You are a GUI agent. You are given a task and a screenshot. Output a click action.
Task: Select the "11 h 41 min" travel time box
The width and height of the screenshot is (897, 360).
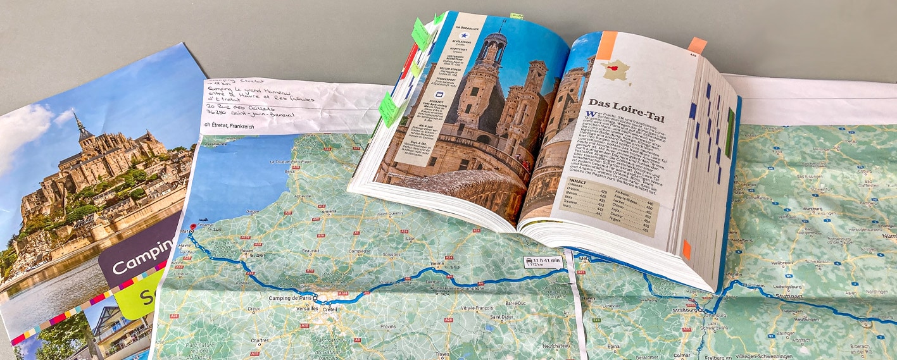543,262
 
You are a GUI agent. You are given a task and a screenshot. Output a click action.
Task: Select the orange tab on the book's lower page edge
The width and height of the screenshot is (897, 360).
687,249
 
